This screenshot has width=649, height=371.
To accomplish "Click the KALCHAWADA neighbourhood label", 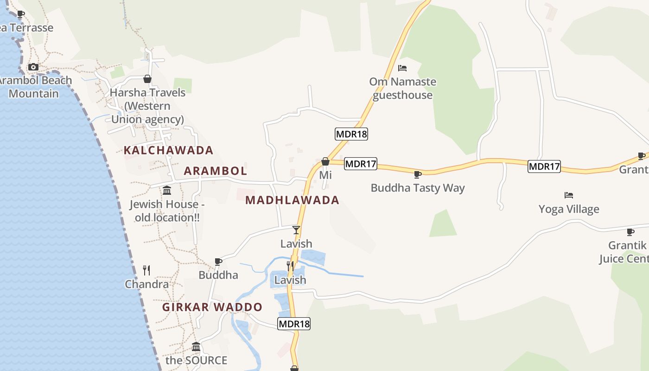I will pyautogui.click(x=168, y=150).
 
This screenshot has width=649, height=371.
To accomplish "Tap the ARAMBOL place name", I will pyautogui.click(x=215, y=171).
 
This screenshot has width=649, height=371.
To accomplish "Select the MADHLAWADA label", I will pyautogui.click(x=292, y=200).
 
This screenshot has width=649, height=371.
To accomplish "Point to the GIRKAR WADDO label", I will pyautogui.click(x=212, y=307).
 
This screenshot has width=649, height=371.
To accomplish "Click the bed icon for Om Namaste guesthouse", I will pyautogui.click(x=402, y=68).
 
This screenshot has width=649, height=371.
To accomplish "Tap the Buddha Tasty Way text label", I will pyautogui.click(x=418, y=188).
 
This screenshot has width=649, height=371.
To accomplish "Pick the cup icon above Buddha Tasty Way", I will pyautogui.click(x=417, y=174).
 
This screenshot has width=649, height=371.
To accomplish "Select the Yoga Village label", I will pyautogui.click(x=569, y=209).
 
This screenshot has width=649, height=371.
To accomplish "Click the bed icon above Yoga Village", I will pyautogui.click(x=569, y=195).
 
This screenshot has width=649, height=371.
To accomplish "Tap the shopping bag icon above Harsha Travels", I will pyautogui.click(x=147, y=79).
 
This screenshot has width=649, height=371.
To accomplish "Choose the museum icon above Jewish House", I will pyautogui.click(x=167, y=190).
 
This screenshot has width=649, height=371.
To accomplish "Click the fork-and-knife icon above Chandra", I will pyautogui.click(x=146, y=270).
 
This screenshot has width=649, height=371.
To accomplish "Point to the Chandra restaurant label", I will pyautogui.click(x=146, y=284).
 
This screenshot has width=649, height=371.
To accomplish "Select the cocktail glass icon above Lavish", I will pyautogui.click(x=296, y=230).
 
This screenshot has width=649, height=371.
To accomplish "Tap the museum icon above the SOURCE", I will pyautogui.click(x=196, y=346).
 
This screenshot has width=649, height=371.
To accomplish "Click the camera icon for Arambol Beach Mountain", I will pyautogui.click(x=33, y=67).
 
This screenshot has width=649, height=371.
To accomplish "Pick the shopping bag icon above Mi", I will pyautogui.click(x=325, y=161).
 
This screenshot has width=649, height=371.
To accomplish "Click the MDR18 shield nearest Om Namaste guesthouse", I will pyautogui.click(x=351, y=134).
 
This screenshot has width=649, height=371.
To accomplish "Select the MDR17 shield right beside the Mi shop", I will pyautogui.click(x=361, y=164).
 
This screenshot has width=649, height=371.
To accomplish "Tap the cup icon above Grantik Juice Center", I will pyautogui.click(x=630, y=231).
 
